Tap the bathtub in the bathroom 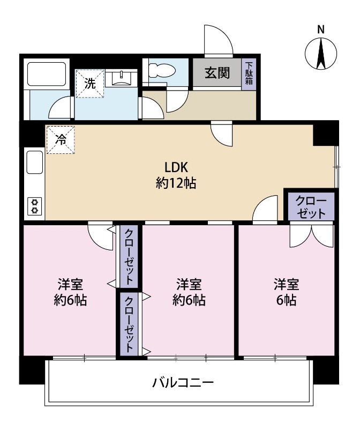47,74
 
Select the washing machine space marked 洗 90,84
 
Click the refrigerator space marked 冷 61,140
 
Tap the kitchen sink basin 35,162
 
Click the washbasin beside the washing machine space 121,78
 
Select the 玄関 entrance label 217,73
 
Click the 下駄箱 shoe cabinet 249,74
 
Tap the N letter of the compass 321,29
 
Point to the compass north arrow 321,54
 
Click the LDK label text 176,167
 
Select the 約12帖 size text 176,183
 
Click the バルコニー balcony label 183,382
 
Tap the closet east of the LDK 311,206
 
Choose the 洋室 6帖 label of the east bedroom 286,292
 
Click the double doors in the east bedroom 312,235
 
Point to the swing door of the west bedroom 100,236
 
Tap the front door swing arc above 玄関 219,40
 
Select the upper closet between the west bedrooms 129,256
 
